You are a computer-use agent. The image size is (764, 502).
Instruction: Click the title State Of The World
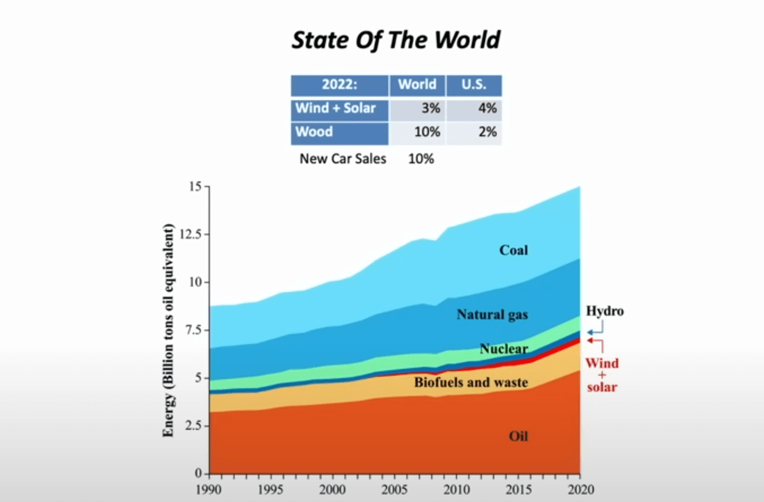396,40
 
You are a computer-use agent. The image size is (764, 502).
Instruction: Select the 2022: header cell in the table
339,85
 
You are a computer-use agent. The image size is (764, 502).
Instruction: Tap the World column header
417,85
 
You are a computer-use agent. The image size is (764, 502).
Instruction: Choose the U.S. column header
474,85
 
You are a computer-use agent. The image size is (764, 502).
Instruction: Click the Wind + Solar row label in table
339,108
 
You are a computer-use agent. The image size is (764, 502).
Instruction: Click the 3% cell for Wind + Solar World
430,108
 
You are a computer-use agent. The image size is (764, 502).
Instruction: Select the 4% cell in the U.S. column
487,108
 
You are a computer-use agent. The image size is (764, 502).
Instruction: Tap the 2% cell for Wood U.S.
487,133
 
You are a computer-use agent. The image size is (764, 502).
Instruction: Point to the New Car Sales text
343,159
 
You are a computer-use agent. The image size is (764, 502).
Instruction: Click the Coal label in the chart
513,250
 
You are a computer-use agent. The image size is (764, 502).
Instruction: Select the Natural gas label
492,315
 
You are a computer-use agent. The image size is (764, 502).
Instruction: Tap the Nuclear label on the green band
503,349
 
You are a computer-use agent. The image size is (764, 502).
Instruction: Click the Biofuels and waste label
471,383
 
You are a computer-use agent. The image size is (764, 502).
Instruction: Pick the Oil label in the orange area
518,437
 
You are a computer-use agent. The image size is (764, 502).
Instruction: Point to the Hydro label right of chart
604,312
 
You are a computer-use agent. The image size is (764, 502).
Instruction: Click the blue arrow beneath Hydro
595,331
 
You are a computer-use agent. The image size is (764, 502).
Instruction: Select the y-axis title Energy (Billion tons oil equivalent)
169,331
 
